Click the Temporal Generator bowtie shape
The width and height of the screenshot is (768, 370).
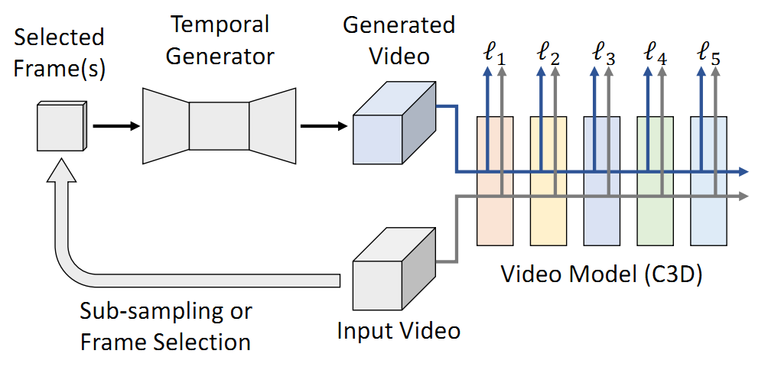219,125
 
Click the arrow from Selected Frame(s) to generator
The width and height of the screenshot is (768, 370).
115,125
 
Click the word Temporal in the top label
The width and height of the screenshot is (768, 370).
220,24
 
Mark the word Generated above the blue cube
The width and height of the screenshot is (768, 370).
399,24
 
